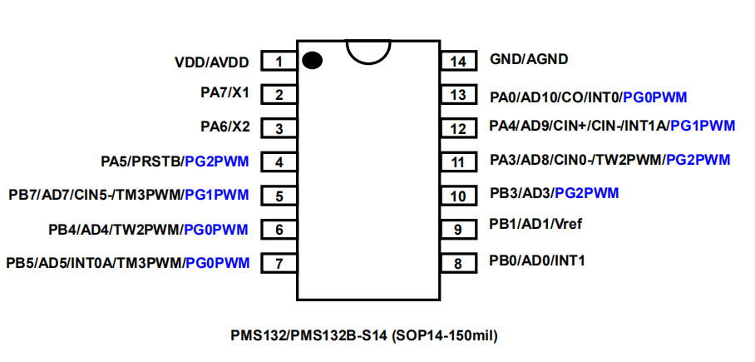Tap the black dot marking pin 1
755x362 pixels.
pyautogui.click(x=312, y=60)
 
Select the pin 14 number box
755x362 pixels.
pyautogui.click(x=458, y=61)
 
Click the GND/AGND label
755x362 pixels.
pyautogui.click(x=529, y=60)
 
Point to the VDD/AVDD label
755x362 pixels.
pyautogui.click(x=212, y=62)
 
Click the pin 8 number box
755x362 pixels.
pyautogui.click(x=458, y=263)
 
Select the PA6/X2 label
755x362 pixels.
pyautogui.click(x=225, y=127)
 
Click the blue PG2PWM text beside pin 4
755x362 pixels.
pyautogui.click(x=217, y=161)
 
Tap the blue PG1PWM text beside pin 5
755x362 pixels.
pyautogui.click(x=216, y=196)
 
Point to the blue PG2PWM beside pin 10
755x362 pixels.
pyautogui.click(x=587, y=193)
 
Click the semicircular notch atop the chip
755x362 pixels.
pyautogui.click(x=368, y=49)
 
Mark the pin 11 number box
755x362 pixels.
pyautogui.click(x=458, y=161)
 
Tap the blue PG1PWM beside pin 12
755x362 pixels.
pyautogui.click(x=703, y=126)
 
